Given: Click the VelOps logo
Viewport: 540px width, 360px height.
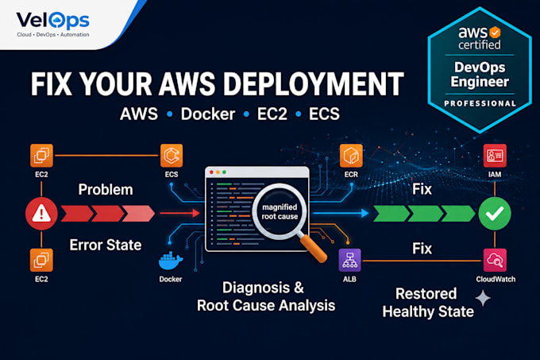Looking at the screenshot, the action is pyautogui.click(x=52, y=24).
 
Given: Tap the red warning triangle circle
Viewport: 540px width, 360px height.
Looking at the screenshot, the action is pyautogui.click(x=41, y=214).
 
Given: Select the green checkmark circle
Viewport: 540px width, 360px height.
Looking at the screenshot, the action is pyautogui.click(x=495, y=214).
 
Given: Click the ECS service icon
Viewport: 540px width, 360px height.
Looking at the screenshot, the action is pyautogui.click(x=172, y=156).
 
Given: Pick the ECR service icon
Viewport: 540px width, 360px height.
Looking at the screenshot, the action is pyautogui.click(x=351, y=156).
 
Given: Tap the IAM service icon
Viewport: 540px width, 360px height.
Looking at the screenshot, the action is pyautogui.click(x=495, y=156).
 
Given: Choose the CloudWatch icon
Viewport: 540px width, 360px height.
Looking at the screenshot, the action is pyautogui.click(x=495, y=260).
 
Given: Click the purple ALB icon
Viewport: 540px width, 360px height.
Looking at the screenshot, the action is pyautogui.click(x=350, y=260).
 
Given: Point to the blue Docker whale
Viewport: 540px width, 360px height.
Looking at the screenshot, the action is pyautogui.click(x=171, y=261).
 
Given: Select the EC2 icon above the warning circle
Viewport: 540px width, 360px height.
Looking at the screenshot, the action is pyautogui.click(x=41, y=156).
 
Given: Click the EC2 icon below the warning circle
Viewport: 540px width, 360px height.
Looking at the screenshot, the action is pyautogui.click(x=41, y=260).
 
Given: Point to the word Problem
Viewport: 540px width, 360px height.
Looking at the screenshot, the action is pyautogui.click(x=106, y=189).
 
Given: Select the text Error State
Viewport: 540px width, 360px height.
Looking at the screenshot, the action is pyautogui.click(x=106, y=245).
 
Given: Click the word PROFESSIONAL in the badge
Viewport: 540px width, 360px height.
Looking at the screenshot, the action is pyautogui.click(x=480, y=103).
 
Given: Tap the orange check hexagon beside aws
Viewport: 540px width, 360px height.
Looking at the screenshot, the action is pyautogui.click(x=495, y=33).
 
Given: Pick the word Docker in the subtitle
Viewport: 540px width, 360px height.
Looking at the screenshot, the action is pyautogui.click(x=208, y=114).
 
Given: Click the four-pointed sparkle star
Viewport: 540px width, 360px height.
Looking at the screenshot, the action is pyautogui.click(x=483, y=298).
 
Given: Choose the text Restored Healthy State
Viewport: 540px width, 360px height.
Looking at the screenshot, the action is pyautogui.click(x=428, y=303).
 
